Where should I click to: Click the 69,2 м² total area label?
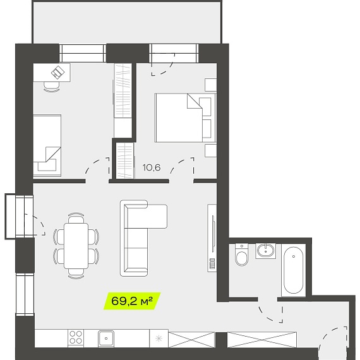pyautogui.click(x=132, y=301)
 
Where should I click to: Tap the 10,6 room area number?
pyautogui.click(x=152, y=167)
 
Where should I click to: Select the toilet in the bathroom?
pyautogui.click(x=241, y=255)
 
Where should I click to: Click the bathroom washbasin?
pyautogui.click(x=266, y=251)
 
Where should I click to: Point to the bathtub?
pyautogui.click(x=294, y=270)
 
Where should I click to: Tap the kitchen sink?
pyautogui.click(x=106, y=339)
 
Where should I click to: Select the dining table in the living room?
pyautogui.click(x=76, y=246)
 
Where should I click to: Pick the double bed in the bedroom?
pyautogui.click(x=186, y=117)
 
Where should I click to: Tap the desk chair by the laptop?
pyautogui.click(x=52, y=87)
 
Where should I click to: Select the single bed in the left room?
pyautogui.click(x=47, y=145)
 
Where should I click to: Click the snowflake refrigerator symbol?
pyautogui.click(x=159, y=339)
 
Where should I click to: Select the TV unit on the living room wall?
pyautogui.click(x=212, y=238)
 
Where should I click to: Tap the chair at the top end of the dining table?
pyautogui.click(x=76, y=218)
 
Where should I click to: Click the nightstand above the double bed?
pyautogui.click(x=211, y=85)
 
